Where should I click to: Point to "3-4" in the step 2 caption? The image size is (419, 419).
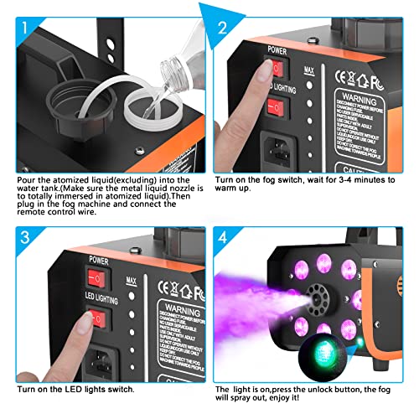345,178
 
